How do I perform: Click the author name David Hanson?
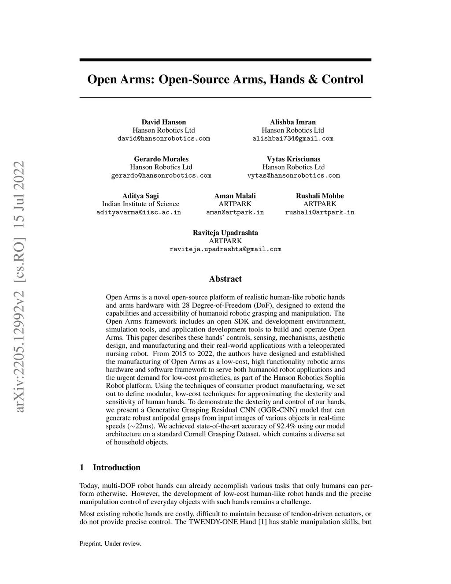coord(163,122)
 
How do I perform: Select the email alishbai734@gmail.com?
coord(293,138)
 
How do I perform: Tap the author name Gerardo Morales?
coord(161,159)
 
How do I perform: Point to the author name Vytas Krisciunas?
coord(293,159)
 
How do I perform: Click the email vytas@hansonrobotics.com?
coord(294,175)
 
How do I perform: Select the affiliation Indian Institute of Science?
coord(140,204)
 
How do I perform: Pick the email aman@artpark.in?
coord(235,212)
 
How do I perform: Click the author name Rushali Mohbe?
coord(320,196)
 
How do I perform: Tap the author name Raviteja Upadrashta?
coord(225,233)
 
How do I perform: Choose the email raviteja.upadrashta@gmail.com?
coord(225,249)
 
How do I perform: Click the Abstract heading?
coord(225,279)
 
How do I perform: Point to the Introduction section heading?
coord(116,468)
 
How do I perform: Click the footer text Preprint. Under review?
coord(111,544)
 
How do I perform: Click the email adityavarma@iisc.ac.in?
coord(139,212)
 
